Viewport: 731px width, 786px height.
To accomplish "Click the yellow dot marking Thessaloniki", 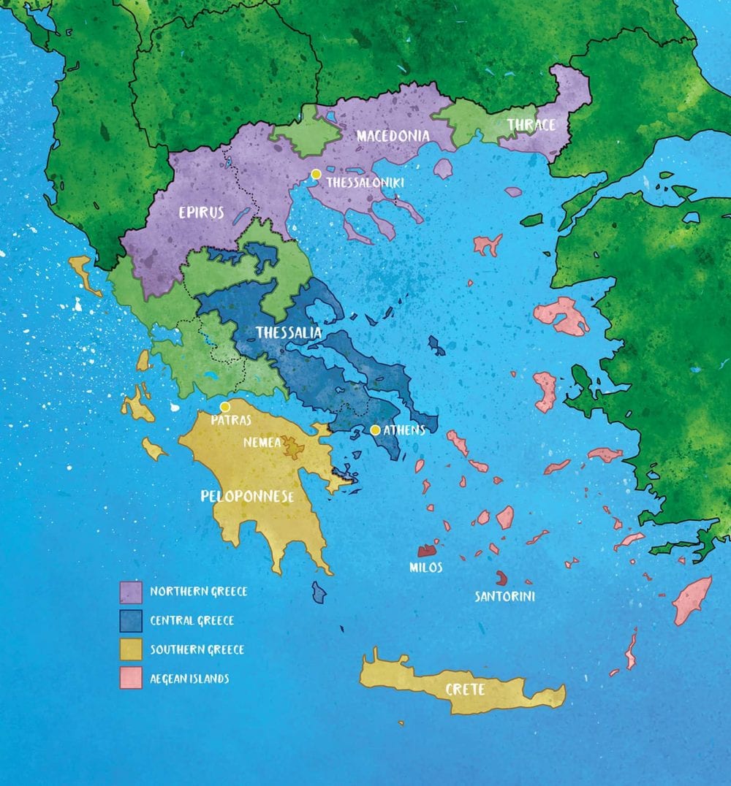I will point(316,174).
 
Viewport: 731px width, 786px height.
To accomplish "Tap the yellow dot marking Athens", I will point(375,430).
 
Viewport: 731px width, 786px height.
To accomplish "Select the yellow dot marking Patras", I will point(225,407).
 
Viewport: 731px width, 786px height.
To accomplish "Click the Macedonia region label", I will point(393,136).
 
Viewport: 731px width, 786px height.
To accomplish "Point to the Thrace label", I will point(531,125).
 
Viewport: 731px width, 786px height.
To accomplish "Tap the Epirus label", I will point(202,213).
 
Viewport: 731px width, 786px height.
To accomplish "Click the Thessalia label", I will point(289,333).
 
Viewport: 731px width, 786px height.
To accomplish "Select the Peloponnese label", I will point(247,496).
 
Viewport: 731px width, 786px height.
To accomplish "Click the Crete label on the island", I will point(466,690).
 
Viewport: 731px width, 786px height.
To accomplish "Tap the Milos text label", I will point(425,567).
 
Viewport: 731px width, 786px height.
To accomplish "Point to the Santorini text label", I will point(504,597).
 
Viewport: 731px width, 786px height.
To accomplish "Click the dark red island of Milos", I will point(426,549).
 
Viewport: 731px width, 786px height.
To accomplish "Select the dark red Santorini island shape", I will point(501,579).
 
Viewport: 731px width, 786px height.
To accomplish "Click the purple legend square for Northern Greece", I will point(130,592).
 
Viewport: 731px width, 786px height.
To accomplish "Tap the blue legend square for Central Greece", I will point(130,621).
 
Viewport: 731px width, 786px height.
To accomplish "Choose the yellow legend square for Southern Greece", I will point(130,649).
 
